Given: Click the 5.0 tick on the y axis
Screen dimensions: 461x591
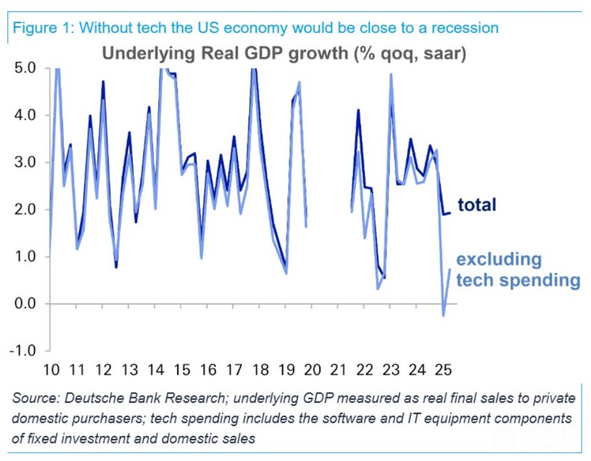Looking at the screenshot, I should pyautogui.click(x=25, y=68).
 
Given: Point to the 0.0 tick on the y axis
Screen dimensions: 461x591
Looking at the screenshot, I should pyautogui.click(x=25, y=303).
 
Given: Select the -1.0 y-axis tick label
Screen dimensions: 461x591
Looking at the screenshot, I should pyautogui.click(x=22, y=350).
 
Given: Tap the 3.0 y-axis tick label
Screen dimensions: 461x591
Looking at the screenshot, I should pyautogui.click(x=25, y=162).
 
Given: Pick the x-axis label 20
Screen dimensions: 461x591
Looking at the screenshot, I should pyautogui.click(x=312, y=370).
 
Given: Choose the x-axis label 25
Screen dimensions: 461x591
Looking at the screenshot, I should pyautogui.click(x=444, y=370).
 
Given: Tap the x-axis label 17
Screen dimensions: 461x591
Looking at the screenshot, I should pyautogui.click(x=233, y=370).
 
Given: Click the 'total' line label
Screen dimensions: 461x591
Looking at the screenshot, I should pyautogui.click(x=477, y=205).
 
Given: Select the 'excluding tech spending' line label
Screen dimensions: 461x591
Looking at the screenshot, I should pyautogui.click(x=518, y=270).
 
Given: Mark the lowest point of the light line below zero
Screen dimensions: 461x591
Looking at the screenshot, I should pyautogui.click(x=443, y=315).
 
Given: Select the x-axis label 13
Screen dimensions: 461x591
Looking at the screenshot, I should pyautogui.click(x=129, y=370).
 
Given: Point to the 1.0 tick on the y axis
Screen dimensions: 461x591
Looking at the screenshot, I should pyautogui.click(x=25, y=257).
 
